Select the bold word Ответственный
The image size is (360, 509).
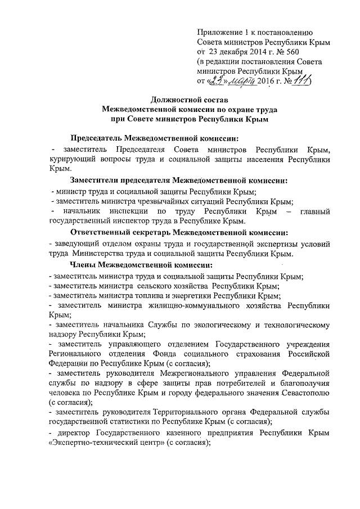click(104, 233)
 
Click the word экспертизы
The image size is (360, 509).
click(271, 244)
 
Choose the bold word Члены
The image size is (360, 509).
click(83, 265)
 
